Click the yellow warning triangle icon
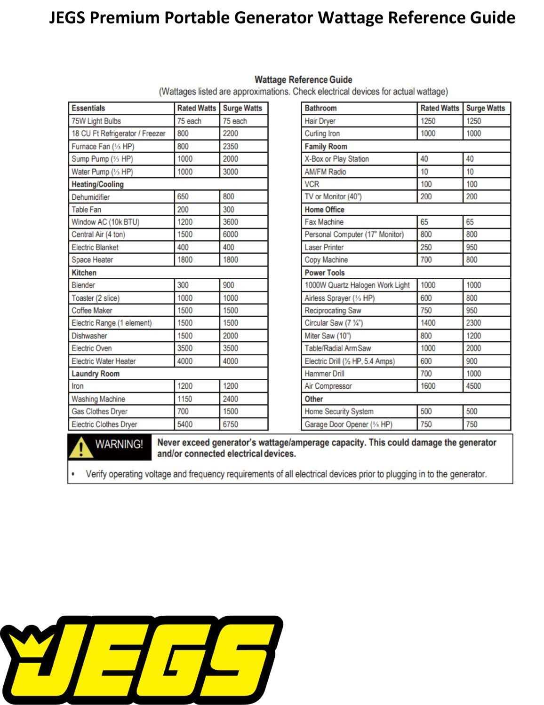click(x=80, y=446)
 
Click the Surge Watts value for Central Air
click(x=231, y=235)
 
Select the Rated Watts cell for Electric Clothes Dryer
click(x=185, y=424)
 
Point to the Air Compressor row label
click(x=328, y=386)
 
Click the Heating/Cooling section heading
click(x=97, y=184)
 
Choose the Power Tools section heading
click(x=324, y=273)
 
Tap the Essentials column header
click(x=88, y=108)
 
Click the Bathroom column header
click(x=320, y=108)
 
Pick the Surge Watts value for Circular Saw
click(x=473, y=323)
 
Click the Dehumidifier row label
click(x=90, y=197)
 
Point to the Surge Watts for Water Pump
click(x=231, y=172)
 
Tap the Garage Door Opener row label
click(x=348, y=424)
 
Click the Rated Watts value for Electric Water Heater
click(x=185, y=361)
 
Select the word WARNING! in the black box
click(x=119, y=444)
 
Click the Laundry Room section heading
click(x=96, y=374)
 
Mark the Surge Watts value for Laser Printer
click(x=472, y=247)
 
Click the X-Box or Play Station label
click(x=336, y=159)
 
